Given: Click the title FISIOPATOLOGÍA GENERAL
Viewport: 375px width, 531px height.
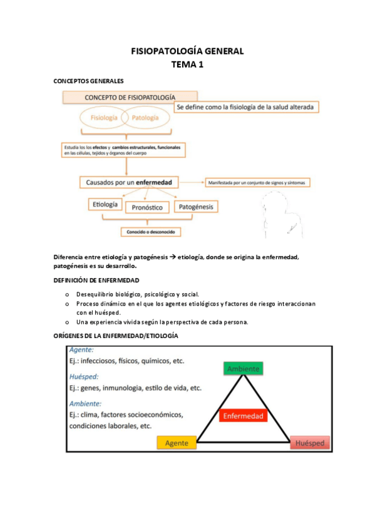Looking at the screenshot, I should [187, 51].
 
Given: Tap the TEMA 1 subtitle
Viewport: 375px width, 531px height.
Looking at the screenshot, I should [187, 64].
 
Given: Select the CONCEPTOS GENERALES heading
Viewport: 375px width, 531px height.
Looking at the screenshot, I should [88, 81].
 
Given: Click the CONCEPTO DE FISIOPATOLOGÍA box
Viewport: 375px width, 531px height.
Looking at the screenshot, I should [130, 97].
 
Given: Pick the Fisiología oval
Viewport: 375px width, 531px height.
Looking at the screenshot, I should [104, 117].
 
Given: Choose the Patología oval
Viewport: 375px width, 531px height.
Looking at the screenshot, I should [145, 117].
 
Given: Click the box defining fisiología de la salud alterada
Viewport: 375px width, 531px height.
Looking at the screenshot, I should [246, 107].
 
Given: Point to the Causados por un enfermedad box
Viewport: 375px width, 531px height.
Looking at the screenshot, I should [129, 182].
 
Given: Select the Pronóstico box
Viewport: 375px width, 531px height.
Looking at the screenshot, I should [148, 207].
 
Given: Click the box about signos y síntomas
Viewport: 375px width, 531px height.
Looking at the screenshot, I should [257, 183].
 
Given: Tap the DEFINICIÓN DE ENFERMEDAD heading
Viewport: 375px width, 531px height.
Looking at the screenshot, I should [96, 280].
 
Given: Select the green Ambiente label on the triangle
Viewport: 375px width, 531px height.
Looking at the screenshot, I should [243, 369].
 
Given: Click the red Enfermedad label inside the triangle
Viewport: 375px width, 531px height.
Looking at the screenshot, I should [243, 416].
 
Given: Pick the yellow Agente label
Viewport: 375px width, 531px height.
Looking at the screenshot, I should [176, 443].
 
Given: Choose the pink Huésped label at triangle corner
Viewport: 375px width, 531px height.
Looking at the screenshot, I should [310, 443].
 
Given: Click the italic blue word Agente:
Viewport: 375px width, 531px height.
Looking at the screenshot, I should [82, 350].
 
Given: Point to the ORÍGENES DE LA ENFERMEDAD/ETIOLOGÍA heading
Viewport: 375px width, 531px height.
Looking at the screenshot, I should [116, 336].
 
